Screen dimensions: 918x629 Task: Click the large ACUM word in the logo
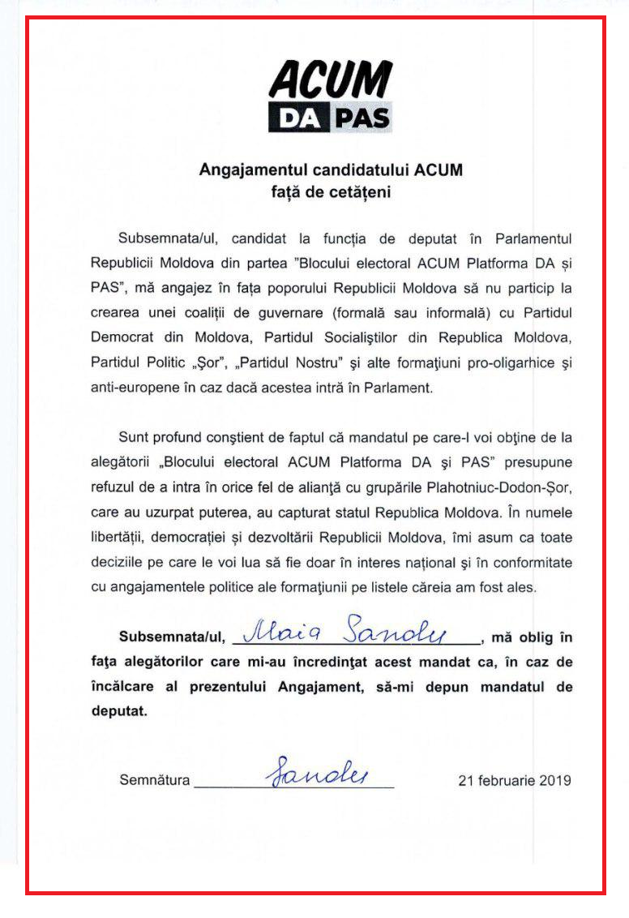tap(330, 82)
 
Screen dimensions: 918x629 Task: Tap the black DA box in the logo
tap(297, 119)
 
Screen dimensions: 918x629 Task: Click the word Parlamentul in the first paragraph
tap(528, 239)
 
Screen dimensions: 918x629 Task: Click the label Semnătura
tap(154, 781)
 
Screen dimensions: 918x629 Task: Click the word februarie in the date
tap(507, 781)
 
